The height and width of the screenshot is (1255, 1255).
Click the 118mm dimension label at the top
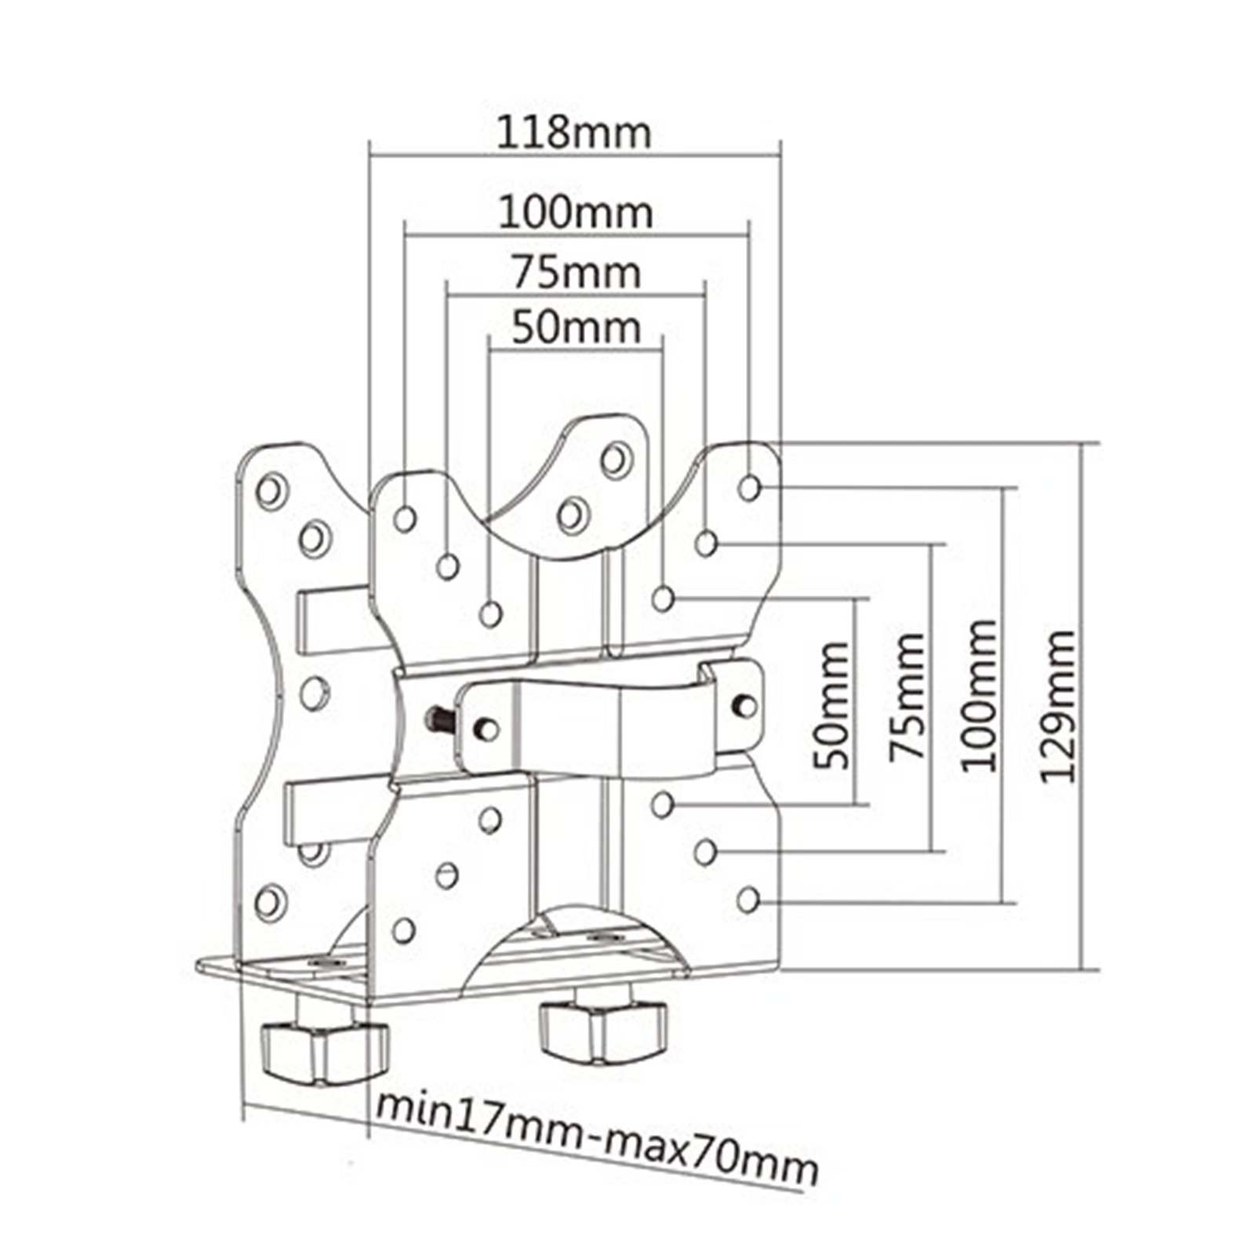(574, 133)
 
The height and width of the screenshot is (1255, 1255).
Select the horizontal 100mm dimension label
(576, 213)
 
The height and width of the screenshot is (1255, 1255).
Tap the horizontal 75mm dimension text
(577, 273)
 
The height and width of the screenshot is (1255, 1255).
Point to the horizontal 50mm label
(576, 328)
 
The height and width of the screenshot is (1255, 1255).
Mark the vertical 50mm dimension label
(831, 705)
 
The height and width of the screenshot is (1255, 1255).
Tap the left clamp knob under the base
(323, 1051)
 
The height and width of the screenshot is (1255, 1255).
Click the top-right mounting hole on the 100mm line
(749, 488)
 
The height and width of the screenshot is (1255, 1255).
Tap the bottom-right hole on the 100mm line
(748, 900)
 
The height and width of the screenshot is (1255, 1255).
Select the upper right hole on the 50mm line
(663, 599)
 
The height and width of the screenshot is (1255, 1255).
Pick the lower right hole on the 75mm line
(705, 852)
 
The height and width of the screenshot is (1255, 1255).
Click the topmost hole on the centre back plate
(617, 459)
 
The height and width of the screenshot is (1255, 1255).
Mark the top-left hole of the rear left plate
(271, 491)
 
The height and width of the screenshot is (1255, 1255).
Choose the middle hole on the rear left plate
(314, 693)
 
